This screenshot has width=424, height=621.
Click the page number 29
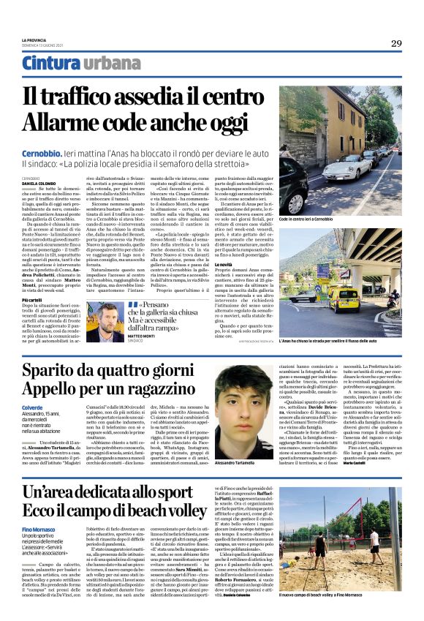tap(395, 44)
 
